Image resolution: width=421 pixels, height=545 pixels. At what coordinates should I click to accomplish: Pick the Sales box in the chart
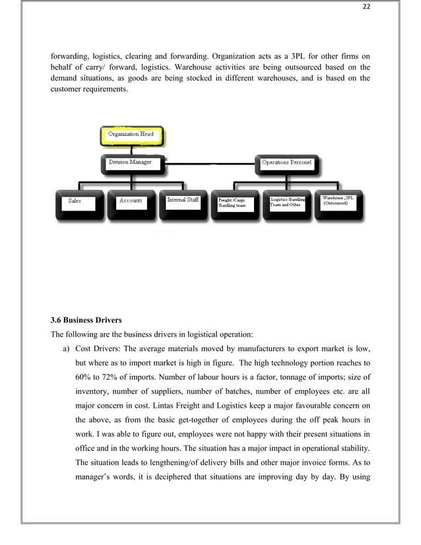[x=79, y=203]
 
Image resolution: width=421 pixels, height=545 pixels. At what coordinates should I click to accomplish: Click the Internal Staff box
[x=183, y=203]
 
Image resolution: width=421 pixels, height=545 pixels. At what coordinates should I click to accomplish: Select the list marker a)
[x=67, y=349]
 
